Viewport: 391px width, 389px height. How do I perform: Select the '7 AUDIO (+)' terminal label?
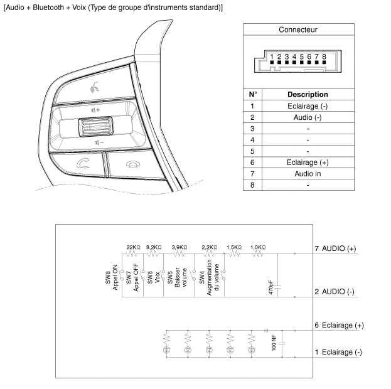click(335, 249)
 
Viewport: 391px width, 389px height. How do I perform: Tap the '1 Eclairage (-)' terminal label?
click(338, 352)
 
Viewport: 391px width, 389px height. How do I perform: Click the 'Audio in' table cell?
click(307, 174)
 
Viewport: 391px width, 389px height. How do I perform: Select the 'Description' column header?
click(307, 95)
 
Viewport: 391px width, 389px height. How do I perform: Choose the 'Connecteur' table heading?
click(297, 30)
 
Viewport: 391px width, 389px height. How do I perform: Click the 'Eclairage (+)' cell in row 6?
click(307, 163)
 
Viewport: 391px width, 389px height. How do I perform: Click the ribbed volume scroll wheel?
click(93, 130)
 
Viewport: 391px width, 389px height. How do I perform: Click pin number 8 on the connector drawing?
click(324, 57)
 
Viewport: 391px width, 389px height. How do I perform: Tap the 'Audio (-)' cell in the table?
click(307, 117)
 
